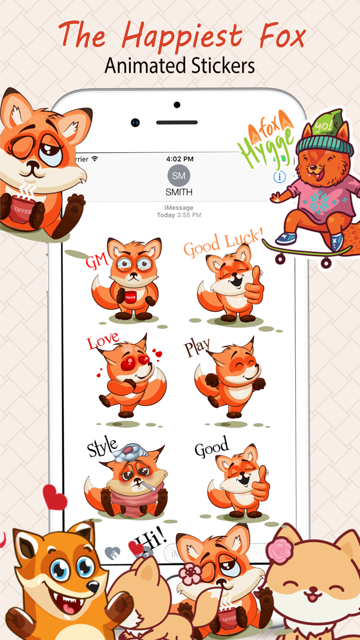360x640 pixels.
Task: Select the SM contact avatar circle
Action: point(179,176)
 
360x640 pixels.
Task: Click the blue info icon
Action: point(279,177)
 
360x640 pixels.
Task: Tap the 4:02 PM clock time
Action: point(180,159)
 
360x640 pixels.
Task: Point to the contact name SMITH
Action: point(179,192)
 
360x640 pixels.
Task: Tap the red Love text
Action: point(102,342)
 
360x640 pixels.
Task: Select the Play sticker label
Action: point(197,348)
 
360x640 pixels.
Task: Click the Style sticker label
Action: point(102,448)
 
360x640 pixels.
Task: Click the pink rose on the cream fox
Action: point(280,550)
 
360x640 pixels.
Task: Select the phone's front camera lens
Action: point(135,122)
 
